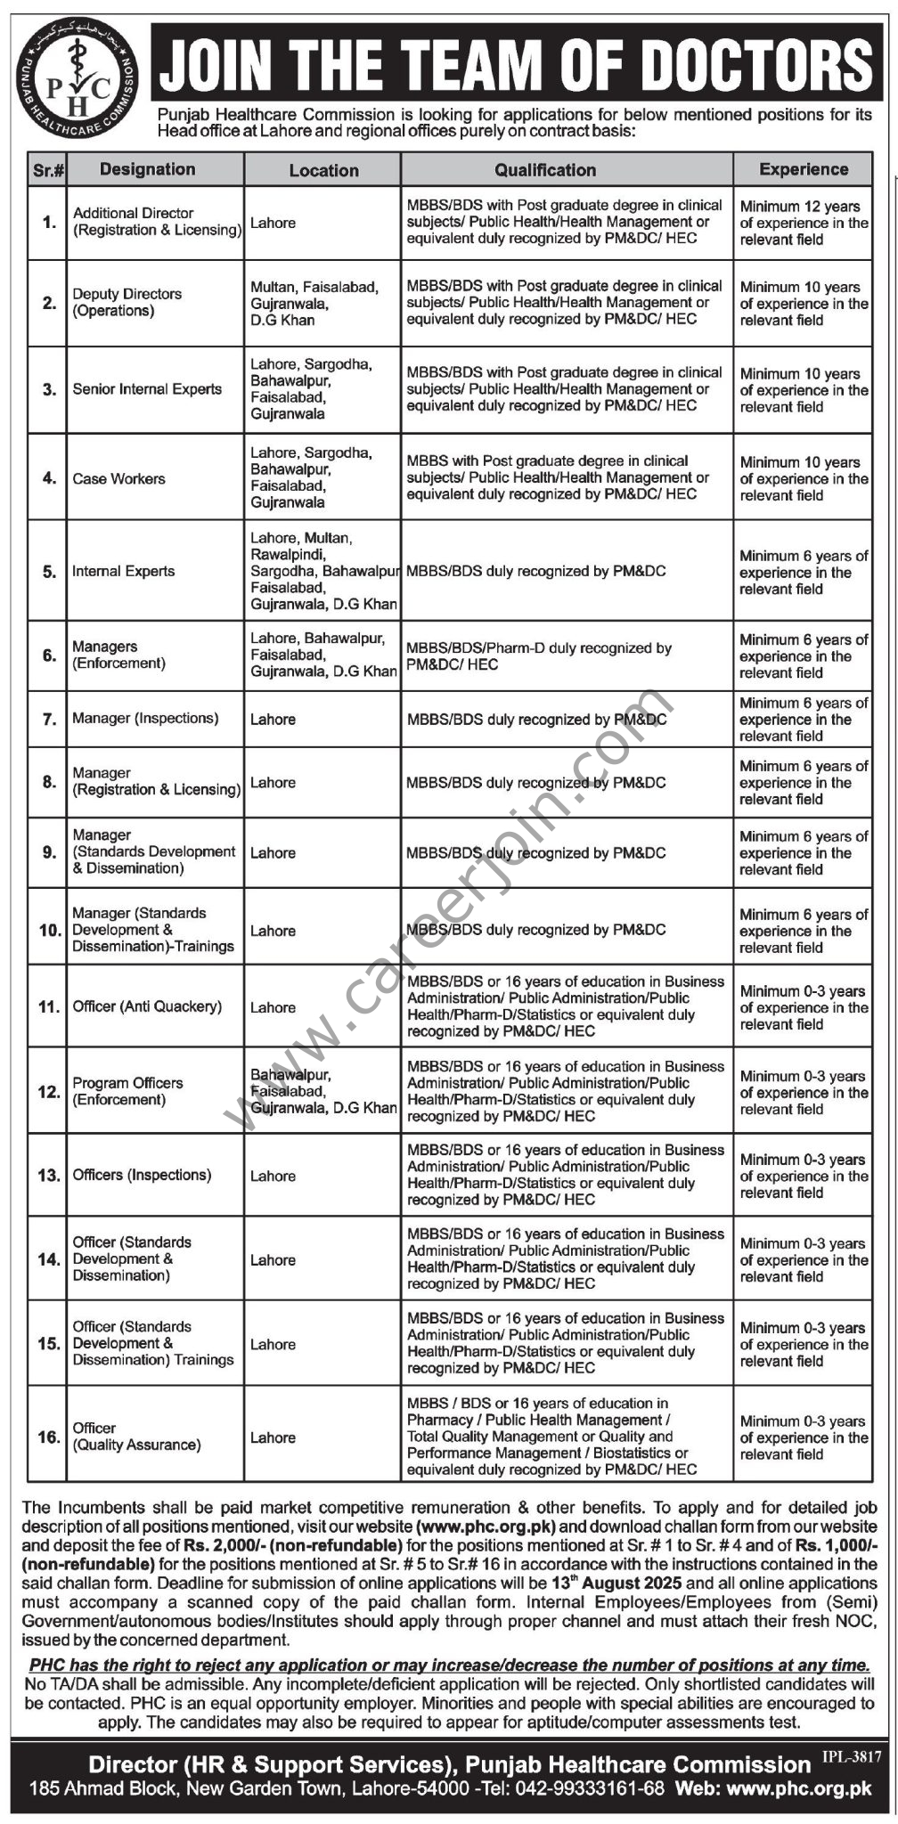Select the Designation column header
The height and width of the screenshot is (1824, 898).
pos(148,169)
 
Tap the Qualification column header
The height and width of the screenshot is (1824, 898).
pos(545,169)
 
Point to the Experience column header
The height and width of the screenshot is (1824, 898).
pos(804,169)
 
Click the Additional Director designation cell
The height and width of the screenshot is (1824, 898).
pos(157,222)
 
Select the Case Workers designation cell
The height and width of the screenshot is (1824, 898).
pos(119,479)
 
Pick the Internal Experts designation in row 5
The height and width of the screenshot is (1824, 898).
pos(124,572)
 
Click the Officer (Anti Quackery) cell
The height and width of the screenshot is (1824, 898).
pos(148,1007)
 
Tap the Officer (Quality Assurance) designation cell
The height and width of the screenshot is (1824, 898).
pos(137,1437)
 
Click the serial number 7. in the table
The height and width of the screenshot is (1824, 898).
pos(50,719)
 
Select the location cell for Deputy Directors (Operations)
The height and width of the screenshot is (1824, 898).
pos(314,304)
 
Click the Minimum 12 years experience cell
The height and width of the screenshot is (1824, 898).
pos(804,223)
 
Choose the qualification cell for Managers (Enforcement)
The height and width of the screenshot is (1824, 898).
pos(539,656)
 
